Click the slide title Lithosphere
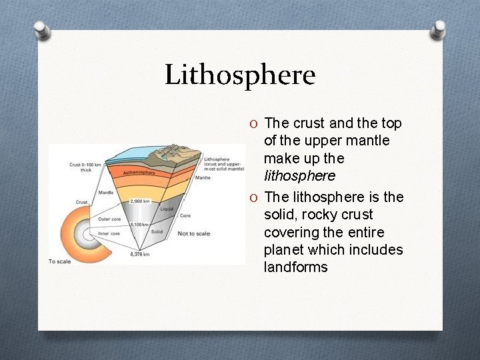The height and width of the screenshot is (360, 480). click(x=240, y=75)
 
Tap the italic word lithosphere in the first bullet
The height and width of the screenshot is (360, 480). click(x=299, y=176)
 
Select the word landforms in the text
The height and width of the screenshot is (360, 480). click(x=295, y=267)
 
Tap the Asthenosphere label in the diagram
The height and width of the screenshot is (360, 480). click(x=139, y=173)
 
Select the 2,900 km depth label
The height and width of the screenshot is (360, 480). click(x=141, y=201)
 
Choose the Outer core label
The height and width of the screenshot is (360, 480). click(x=109, y=219)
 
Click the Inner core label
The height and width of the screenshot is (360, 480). click(x=109, y=233)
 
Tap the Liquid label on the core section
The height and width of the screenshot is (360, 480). click(x=167, y=209)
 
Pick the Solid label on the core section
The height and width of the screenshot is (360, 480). click(x=157, y=231)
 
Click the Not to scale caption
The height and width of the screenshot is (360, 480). click(x=194, y=233)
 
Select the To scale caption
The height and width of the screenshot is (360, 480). click(x=61, y=261)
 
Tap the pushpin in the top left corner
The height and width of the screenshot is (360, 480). click(x=41, y=29)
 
